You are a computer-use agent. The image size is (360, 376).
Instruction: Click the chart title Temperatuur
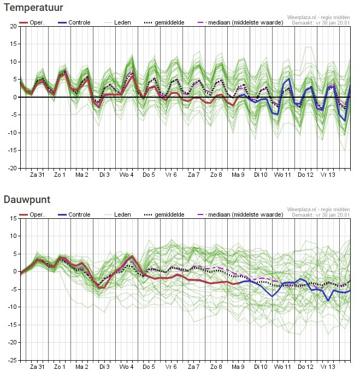tap(33, 8)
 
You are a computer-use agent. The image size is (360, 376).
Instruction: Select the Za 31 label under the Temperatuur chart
tap(37, 175)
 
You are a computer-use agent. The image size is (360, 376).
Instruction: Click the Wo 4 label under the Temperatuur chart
tap(127, 175)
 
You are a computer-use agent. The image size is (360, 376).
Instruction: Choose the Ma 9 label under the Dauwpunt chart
tap(238, 367)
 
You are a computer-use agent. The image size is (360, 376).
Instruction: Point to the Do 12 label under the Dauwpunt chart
tap(305, 367)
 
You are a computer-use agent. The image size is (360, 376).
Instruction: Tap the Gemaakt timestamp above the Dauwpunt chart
tap(321, 214)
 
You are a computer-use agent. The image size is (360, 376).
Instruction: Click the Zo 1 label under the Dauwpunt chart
tap(59, 367)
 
